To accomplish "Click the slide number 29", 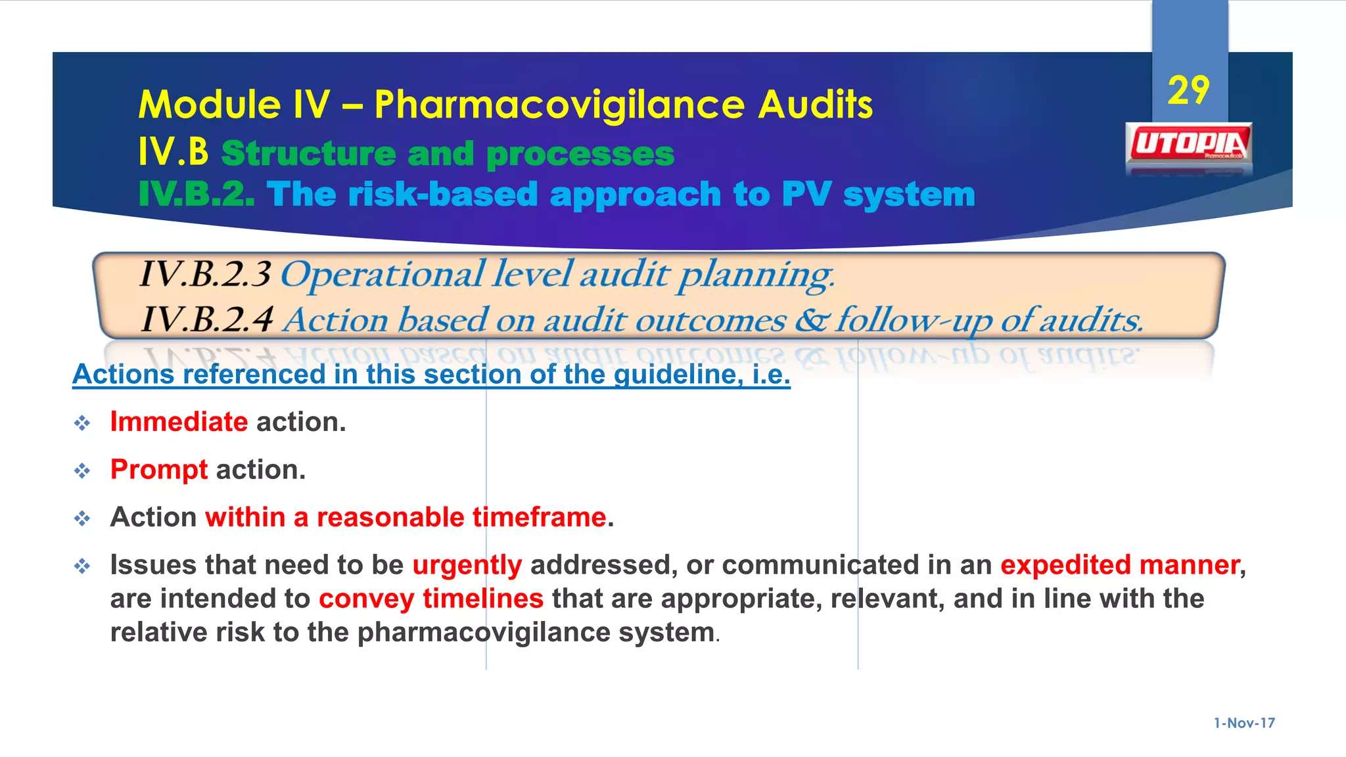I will coord(1188,91).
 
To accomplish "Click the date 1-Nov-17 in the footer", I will coord(1244,723).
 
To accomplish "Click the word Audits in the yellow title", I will coord(815,105).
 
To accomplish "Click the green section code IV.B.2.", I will coord(196,195).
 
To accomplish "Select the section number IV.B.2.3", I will coord(205,275).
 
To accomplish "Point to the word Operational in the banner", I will coord(383,275).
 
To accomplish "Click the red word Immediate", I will coord(179,422).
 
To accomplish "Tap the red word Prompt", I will coord(159,470).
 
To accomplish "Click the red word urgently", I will coord(467,565).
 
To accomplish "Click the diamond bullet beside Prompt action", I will coord(82,470).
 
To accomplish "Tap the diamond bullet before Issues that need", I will coord(82,566).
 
